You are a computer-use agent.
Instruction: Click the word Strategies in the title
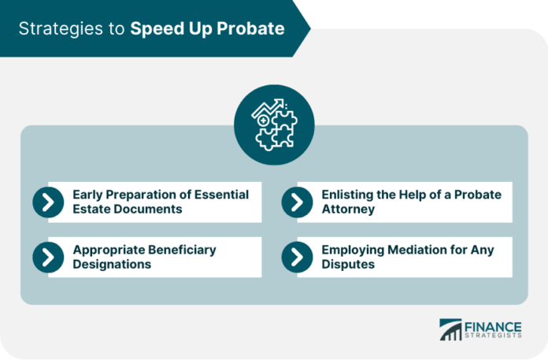pyautogui.click(x=61, y=29)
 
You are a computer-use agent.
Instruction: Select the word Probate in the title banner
pyautogui.click(x=250, y=29)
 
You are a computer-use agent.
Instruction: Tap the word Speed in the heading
pyautogui.click(x=157, y=29)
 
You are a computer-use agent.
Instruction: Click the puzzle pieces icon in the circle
pyautogui.click(x=276, y=131)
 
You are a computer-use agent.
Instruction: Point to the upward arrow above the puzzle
pyautogui.click(x=268, y=107)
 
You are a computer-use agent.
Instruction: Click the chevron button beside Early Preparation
pyautogui.click(x=48, y=202)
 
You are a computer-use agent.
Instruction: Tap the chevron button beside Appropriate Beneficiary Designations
pyautogui.click(x=48, y=258)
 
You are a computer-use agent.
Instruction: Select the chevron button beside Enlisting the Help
pyautogui.click(x=297, y=202)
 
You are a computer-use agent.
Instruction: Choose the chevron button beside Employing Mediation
pyautogui.click(x=297, y=258)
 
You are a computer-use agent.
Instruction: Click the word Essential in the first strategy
pyautogui.click(x=221, y=195)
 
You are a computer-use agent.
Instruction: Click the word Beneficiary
pyautogui.click(x=182, y=251)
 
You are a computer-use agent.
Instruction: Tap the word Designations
pyautogui.click(x=112, y=264)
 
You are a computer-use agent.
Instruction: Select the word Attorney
pyautogui.click(x=348, y=209)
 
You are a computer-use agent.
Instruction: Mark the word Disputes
pyautogui.click(x=348, y=264)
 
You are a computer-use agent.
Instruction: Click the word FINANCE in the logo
pyautogui.click(x=493, y=328)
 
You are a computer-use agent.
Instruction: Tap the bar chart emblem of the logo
pyautogui.click(x=450, y=329)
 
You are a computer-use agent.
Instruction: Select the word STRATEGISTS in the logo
pyautogui.click(x=493, y=336)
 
